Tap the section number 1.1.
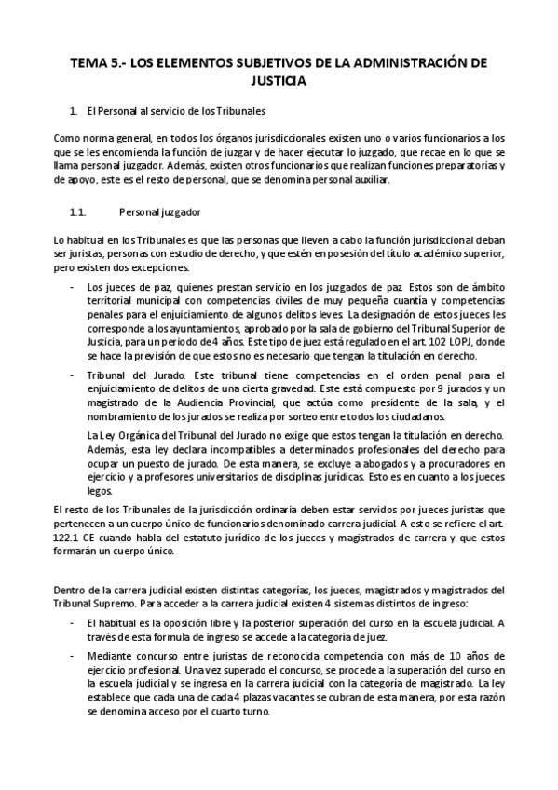pyautogui.click(x=78, y=212)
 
